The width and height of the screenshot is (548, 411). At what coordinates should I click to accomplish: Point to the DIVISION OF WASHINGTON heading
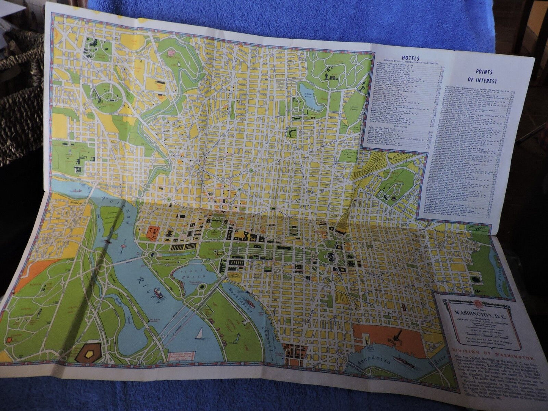[492, 358]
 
